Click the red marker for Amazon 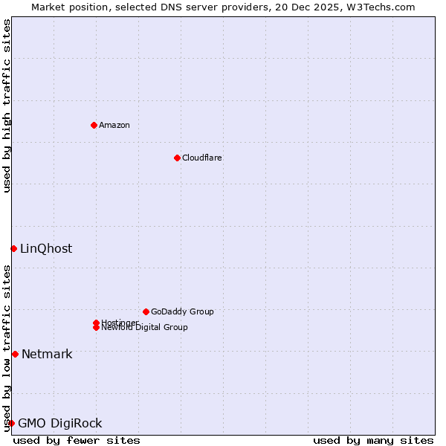tap(94, 125)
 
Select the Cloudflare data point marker tap(177, 158)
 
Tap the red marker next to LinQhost tap(13, 248)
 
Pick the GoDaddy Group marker tap(146, 311)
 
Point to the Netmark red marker tap(15, 354)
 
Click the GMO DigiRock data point tap(11, 423)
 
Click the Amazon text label tap(114, 125)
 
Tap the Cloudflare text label tap(201, 158)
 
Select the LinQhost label tap(46, 249)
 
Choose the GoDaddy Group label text tap(181, 311)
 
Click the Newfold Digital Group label tap(144, 328)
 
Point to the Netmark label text tap(47, 355)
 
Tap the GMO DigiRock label tap(59, 424)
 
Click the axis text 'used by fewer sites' tap(77, 440)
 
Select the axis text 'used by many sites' tap(373, 440)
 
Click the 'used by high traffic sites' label tap(7, 106)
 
